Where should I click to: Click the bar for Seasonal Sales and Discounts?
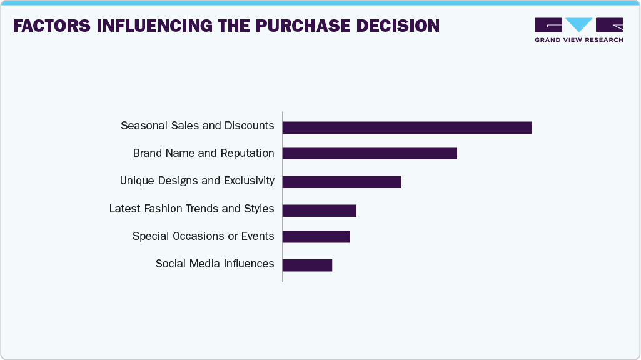[406, 127]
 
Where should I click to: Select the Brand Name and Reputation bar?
[370, 154]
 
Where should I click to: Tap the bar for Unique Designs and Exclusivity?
[341, 182]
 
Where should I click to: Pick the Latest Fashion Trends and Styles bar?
[319, 211]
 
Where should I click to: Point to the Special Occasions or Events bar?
[316, 237]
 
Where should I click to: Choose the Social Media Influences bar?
[307, 265]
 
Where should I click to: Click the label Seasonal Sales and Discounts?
[197, 126]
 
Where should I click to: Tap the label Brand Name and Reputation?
[203, 153]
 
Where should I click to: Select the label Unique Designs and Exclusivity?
[197, 181]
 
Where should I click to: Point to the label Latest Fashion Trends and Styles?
[191, 209]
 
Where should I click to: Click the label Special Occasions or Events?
[203, 236]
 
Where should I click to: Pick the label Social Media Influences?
[215, 264]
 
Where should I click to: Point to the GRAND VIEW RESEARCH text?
[578, 40]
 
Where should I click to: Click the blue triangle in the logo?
[579, 24]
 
